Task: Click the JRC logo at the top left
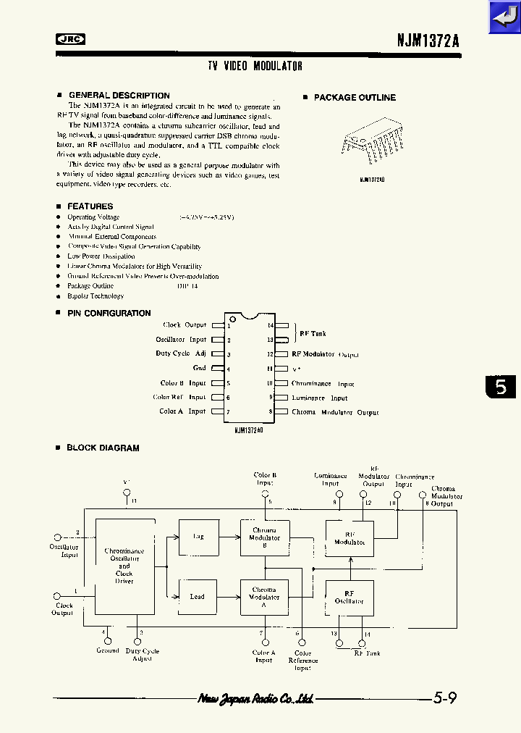pyautogui.click(x=70, y=40)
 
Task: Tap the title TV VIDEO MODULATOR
pyautogui.click(x=255, y=66)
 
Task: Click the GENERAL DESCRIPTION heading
pyautogui.click(x=119, y=96)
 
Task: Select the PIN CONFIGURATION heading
pyautogui.click(x=109, y=314)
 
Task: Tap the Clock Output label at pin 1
pyautogui.click(x=185, y=325)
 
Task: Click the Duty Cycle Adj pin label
pyautogui.click(x=181, y=353)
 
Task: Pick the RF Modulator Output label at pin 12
pyautogui.click(x=325, y=354)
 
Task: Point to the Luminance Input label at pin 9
pyautogui.click(x=319, y=398)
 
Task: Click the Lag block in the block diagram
pyautogui.click(x=198, y=537)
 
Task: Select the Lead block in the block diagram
pyautogui.click(x=198, y=597)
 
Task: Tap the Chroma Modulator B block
pyautogui.click(x=264, y=537)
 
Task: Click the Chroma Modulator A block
pyautogui.click(x=264, y=597)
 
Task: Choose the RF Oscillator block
pyautogui.click(x=350, y=598)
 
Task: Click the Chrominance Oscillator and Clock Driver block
pyautogui.click(x=124, y=566)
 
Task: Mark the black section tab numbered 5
pyautogui.click(x=501, y=387)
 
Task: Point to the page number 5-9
pyautogui.click(x=445, y=698)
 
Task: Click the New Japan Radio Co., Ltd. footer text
pyautogui.click(x=255, y=699)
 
